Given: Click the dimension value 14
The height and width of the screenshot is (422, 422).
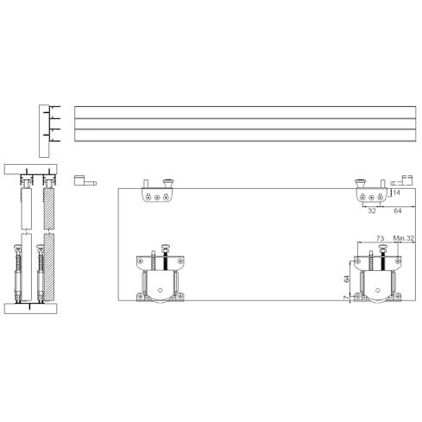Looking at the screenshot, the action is tap(396, 192).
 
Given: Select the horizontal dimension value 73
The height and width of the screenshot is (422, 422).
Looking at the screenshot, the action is tap(380, 238).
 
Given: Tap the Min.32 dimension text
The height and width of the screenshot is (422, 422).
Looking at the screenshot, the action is tap(404, 238).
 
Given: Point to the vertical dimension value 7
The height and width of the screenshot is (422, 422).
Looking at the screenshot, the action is tap(346, 298).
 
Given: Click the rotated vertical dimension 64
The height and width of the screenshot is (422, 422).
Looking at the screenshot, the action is tap(347, 279).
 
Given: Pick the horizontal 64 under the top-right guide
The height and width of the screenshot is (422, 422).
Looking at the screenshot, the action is tap(398, 211).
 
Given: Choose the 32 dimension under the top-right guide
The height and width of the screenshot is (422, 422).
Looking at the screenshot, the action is tap(372, 211).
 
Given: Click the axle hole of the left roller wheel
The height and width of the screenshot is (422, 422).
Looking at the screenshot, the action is tap(161, 290).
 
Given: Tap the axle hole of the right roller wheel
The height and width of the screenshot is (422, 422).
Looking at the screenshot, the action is tap(378, 290).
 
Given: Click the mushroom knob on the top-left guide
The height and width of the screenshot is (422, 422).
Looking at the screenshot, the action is tap(168, 183).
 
